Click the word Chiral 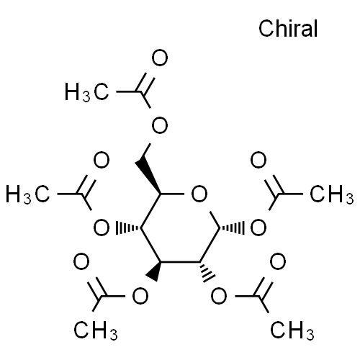tap(288, 28)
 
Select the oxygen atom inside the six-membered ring tap(199, 194)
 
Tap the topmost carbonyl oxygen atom tap(160, 58)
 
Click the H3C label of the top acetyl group tap(86, 92)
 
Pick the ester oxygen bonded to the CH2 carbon tap(160, 125)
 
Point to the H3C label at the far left tap(28, 194)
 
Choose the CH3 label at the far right tap(332, 194)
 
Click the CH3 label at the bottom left tap(96, 330)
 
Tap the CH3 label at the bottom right tap(292, 330)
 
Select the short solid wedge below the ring tap(153, 271)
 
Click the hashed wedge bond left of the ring tap(128, 228)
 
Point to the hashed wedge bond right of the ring tap(232, 228)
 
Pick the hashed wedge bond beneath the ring tap(207, 271)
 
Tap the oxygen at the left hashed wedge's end tap(102, 228)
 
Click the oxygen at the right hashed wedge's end tap(258, 228)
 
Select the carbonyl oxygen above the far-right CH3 tap(258, 160)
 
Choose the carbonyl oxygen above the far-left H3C tap(102, 160)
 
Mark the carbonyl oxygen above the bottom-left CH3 tap(81, 261)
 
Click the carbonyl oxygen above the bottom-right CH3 tap(278, 261)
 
